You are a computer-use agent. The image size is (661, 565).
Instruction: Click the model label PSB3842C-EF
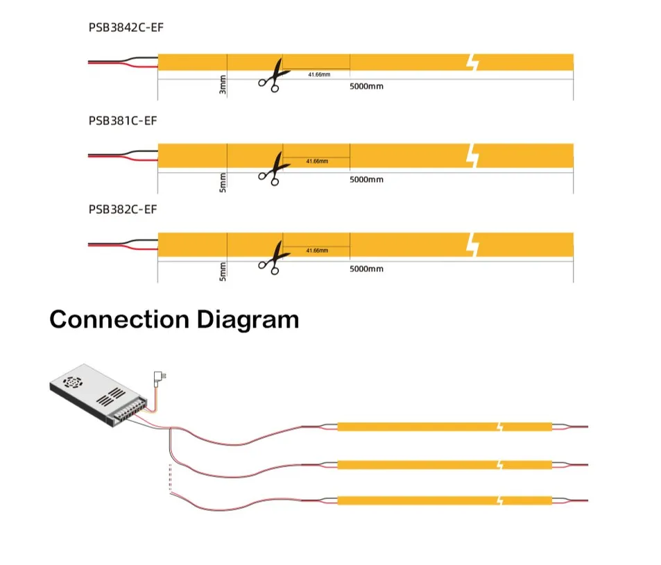pos(126,28)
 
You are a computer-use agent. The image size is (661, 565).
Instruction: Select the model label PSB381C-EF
pos(123,120)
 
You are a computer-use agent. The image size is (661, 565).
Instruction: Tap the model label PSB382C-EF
pos(123,209)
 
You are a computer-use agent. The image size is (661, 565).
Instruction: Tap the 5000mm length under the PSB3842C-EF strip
pos(366,86)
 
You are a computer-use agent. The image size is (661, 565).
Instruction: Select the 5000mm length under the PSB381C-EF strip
pos(366,180)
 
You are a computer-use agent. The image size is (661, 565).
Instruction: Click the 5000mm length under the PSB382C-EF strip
pos(366,269)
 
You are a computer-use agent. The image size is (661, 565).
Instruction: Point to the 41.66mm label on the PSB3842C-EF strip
pos(319,74)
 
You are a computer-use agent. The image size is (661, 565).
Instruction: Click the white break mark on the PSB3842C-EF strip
pos(474,62)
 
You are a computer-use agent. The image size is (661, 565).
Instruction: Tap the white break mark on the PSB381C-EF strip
pos(474,155)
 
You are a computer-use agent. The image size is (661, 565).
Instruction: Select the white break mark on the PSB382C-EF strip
pos(474,244)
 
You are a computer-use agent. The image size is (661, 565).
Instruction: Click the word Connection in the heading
pos(119,320)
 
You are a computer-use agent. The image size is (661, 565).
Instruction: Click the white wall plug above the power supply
pos(158,378)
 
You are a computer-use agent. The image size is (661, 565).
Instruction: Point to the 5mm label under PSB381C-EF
pos(223,182)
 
